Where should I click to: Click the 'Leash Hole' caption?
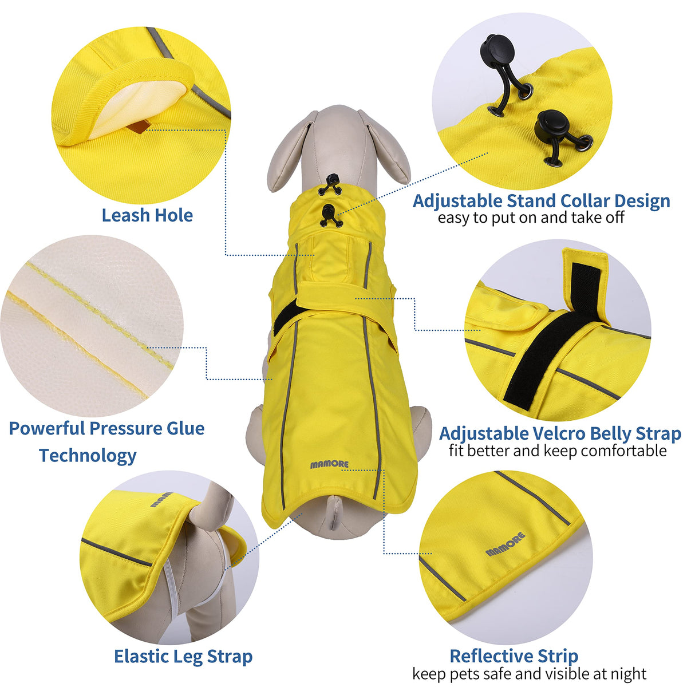point(147,215)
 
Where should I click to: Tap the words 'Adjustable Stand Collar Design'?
point(541,201)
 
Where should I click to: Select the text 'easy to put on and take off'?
point(531,218)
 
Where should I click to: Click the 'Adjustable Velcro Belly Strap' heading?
point(560,433)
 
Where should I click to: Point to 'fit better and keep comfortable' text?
point(558,451)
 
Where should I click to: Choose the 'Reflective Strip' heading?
point(514,655)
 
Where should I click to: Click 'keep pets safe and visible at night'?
point(529,674)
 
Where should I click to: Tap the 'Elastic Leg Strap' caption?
point(183,656)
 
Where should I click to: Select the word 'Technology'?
point(88,456)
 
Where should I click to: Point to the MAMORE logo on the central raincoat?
point(329,464)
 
